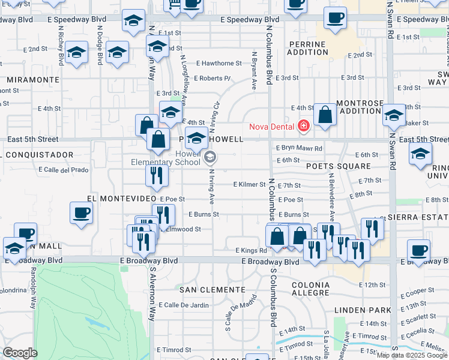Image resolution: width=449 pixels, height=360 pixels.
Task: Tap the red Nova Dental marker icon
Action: pyautogui.click(x=304, y=126)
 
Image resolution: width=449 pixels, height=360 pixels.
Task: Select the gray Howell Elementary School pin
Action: pyautogui.click(x=210, y=158)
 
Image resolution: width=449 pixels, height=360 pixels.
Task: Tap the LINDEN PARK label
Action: pyautogui.click(x=363, y=310)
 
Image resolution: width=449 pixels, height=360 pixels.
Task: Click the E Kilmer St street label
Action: pyautogui.click(x=249, y=184)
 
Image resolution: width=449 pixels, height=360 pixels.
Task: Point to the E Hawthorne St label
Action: pyautogui.click(x=221, y=63)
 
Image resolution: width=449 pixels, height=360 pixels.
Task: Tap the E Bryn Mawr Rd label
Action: pyautogui.click(x=300, y=148)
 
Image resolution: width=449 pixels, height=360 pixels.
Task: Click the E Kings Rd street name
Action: pyautogui.click(x=251, y=250)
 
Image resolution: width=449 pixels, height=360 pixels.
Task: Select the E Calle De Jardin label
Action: pyautogui.click(x=182, y=305)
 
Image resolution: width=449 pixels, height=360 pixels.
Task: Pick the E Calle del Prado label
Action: pyautogui.click(x=63, y=169)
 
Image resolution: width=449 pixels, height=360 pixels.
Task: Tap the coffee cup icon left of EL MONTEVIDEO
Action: pyautogui.click(x=82, y=212)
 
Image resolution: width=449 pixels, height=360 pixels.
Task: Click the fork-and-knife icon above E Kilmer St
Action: pyautogui.click(x=157, y=175)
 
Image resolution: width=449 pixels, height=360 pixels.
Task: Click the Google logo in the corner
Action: pyautogui.click(x=20, y=353)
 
